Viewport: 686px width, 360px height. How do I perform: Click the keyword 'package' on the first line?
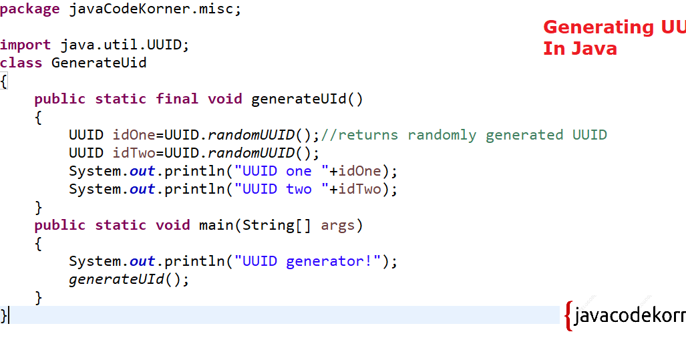(30, 10)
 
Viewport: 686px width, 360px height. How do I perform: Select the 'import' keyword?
(25, 45)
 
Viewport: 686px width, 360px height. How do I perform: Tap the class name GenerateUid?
(99, 63)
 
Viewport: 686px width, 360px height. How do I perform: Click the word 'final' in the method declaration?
(177, 99)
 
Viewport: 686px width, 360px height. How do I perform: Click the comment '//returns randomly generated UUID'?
(464, 135)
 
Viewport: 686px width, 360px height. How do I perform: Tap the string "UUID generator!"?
(308, 261)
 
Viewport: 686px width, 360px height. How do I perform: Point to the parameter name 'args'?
(338, 225)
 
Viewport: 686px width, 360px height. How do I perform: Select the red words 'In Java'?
(580, 49)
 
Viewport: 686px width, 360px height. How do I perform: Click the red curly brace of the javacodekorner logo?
(568, 316)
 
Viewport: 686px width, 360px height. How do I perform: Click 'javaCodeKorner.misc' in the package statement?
(152, 10)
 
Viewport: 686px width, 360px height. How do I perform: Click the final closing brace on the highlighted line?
(4, 315)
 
